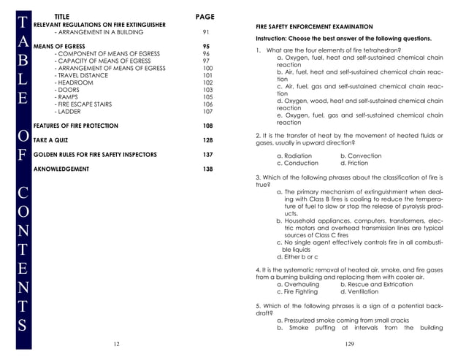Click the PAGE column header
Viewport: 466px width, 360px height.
[205, 16]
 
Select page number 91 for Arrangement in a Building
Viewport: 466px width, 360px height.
[206, 32]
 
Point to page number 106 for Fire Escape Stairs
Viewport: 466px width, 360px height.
[207, 104]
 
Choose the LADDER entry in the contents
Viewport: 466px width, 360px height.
[68, 112]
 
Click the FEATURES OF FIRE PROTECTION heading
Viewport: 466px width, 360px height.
[76, 126]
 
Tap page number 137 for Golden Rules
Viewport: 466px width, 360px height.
[207, 155]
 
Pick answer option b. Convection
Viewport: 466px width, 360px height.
[361, 156]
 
